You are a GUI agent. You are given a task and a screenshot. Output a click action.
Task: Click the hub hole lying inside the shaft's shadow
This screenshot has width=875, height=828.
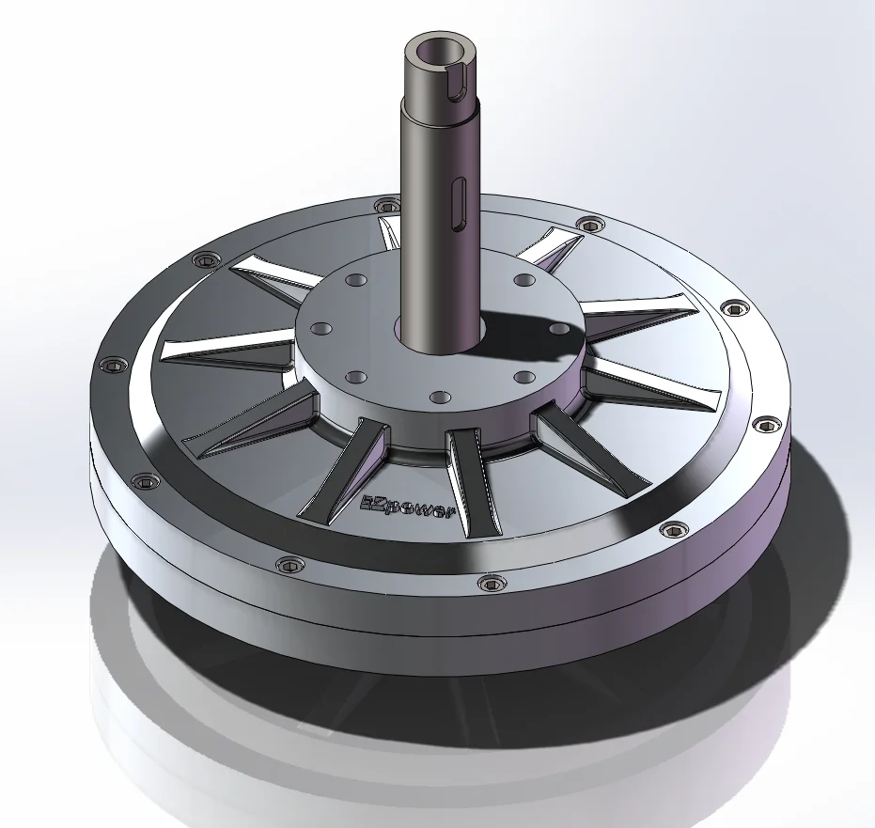click(x=557, y=327)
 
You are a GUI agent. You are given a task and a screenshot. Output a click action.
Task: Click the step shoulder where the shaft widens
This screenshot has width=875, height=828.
click(x=439, y=104)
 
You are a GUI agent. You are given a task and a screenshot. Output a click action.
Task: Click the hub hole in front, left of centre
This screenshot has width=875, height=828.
click(x=355, y=377)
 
